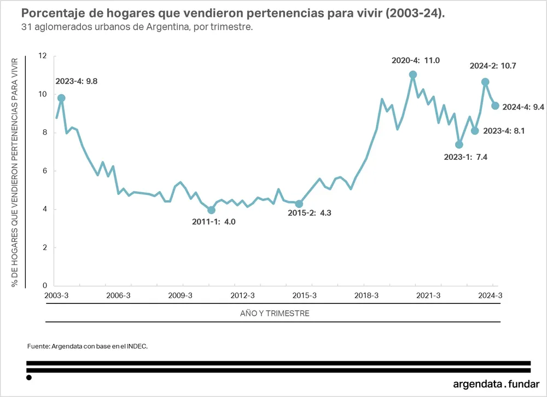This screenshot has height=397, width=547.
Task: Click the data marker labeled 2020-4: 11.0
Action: click(x=413, y=74)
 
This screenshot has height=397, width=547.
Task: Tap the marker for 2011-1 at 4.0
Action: click(x=212, y=210)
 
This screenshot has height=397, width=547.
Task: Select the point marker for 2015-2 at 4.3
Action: click(x=299, y=204)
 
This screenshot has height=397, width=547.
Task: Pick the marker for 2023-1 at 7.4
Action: click(x=459, y=145)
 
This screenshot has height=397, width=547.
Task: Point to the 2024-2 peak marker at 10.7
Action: click(x=485, y=82)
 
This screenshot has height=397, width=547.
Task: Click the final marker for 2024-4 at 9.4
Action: click(x=496, y=106)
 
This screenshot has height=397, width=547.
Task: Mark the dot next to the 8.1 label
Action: click(x=475, y=131)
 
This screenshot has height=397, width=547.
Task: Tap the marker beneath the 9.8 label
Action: click(x=61, y=98)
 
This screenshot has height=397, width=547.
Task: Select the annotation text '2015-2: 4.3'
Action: click(x=310, y=214)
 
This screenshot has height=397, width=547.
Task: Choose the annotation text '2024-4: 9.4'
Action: click(x=522, y=107)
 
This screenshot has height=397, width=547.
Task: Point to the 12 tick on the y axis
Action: click(x=43, y=56)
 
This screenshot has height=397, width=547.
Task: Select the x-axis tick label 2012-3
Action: click(x=242, y=296)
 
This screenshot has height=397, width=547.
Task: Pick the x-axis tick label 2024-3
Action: click(x=490, y=296)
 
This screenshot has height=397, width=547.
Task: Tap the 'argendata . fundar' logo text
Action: click(x=496, y=384)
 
